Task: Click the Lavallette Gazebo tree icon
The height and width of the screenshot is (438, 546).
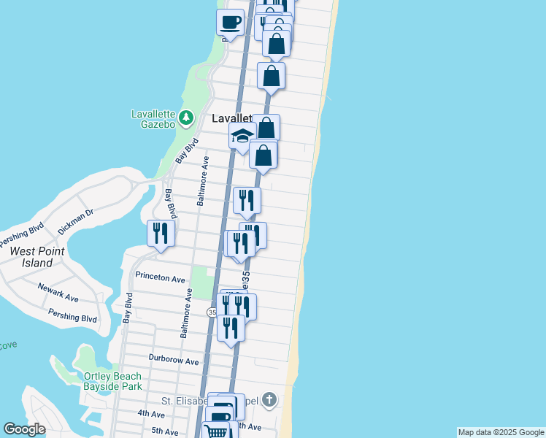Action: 186,116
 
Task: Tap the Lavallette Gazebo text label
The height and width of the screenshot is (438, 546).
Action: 153,119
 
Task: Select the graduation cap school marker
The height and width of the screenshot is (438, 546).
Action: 242,135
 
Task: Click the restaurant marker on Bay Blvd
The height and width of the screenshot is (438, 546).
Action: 161,233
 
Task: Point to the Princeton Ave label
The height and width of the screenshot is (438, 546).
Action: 161,278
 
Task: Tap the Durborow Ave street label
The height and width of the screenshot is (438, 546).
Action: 174,360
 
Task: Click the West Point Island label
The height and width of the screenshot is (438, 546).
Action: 37,257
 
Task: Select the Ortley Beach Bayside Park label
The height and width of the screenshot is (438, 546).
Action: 112,382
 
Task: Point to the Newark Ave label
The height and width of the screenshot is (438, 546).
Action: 58,293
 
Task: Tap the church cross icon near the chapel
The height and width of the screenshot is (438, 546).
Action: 269,399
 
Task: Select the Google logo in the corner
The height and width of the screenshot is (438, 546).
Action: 24,429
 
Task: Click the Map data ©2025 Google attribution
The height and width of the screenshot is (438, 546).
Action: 501,432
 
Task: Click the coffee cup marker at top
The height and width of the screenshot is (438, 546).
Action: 231,21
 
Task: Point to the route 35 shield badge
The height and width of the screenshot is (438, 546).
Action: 212,312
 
